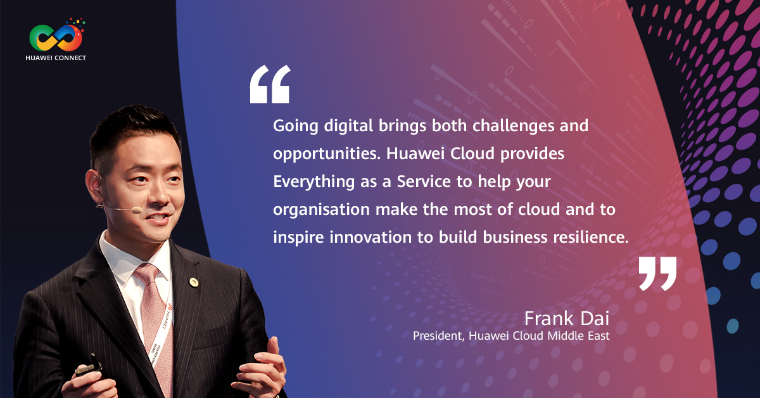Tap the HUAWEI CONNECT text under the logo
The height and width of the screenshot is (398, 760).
(56, 58)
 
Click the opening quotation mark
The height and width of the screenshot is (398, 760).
(270, 84)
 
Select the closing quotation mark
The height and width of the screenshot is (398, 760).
(657, 274)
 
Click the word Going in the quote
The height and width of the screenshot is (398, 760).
(296, 126)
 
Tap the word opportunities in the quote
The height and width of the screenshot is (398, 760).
(327, 154)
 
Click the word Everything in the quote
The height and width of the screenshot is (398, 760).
(314, 182)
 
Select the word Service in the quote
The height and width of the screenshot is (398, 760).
(424, 182)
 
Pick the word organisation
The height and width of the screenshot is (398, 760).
(321, 210)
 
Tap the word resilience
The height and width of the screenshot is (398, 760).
(591, 237)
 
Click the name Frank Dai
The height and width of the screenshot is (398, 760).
(567, 319)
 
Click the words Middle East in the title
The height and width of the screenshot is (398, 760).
(578, 335)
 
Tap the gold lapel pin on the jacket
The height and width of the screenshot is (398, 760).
(194, 282)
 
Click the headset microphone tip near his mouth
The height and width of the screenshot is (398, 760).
(136, 210)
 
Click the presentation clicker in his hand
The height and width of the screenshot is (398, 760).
(89, 366)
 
